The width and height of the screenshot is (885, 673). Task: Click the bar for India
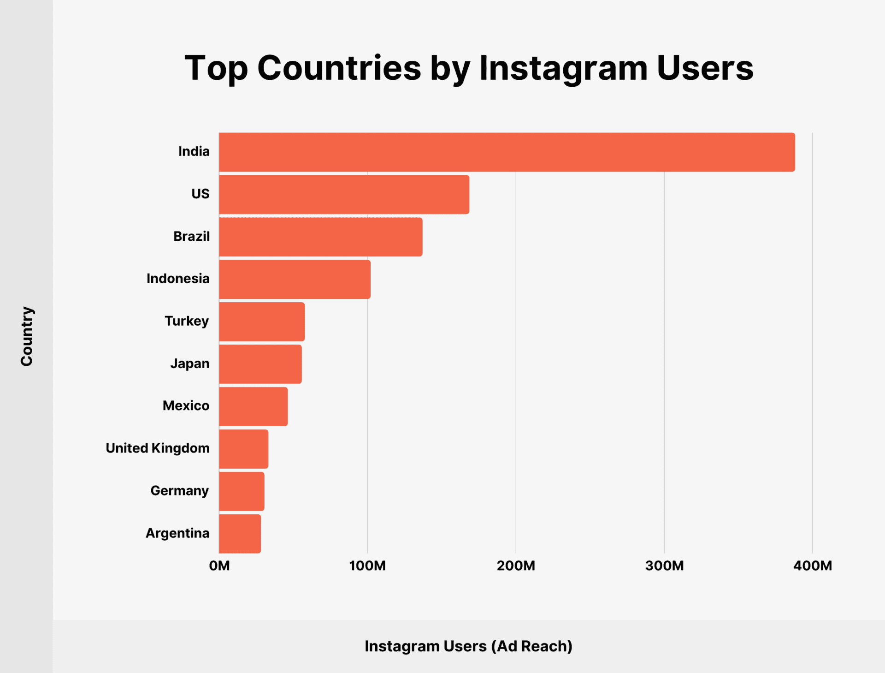(507, 152)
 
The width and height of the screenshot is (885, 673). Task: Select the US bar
(344, 195)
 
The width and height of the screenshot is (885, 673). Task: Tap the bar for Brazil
(320, 237)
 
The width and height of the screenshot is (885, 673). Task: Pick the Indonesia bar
(295, 280)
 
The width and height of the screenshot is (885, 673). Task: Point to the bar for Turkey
(262, 322)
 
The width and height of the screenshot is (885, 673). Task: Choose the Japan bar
(260, 364)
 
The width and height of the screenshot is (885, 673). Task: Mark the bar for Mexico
(253, 406)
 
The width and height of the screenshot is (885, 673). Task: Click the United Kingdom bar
(243, 449)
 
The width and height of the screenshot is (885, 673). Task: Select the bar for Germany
(242, 491)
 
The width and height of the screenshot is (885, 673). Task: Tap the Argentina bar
(240, 534)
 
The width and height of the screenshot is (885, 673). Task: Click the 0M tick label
(219, 566)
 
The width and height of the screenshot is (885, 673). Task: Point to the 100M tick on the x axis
(367, 566)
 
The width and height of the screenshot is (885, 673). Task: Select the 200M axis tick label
(516, 566)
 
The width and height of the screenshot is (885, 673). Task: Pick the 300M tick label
(664, 566)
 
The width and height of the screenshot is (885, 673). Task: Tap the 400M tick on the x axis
(813, 566)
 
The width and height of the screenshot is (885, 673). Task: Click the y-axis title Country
(27, 336)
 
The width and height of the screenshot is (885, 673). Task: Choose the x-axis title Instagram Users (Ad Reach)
(468, 646)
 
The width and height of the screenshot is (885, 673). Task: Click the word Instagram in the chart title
(563, 69)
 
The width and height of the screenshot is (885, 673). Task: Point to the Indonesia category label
(178, 279)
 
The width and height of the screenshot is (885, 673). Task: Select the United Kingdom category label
(158, 448)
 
